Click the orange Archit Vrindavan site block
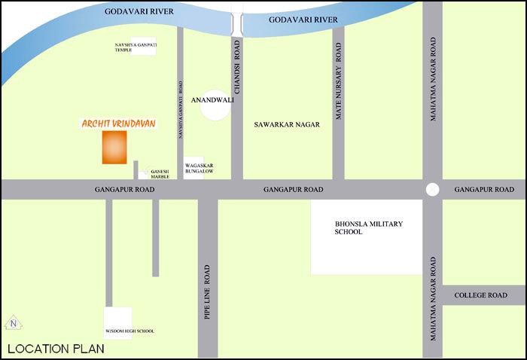coord(114,147)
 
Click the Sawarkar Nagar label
coord(285,126)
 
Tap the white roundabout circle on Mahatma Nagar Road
coord(432,190)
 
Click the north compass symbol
coord(13,325)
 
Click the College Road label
coord(481,296)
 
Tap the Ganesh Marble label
coord(160,175)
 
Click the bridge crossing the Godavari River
coord(236,22)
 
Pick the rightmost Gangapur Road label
coord(484,189)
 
